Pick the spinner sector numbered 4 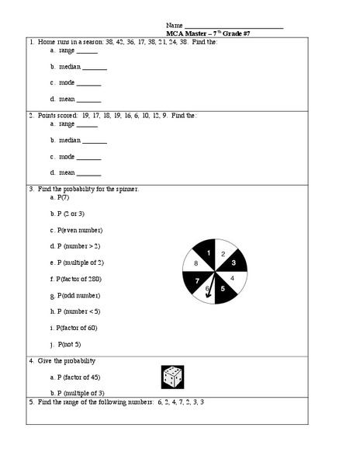click(x=234, y=278)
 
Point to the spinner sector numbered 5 click(x=223, y=289)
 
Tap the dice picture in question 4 click(x=171, y=377)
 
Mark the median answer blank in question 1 click(x=94, y=68)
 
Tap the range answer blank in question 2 click(x=87, y=125)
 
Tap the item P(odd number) click(x=76, y=295)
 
